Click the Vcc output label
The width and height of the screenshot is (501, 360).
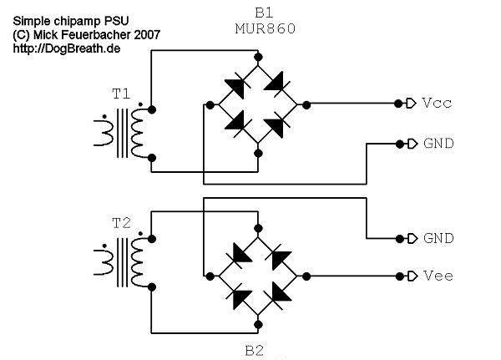437,103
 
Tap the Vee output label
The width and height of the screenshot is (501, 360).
438,276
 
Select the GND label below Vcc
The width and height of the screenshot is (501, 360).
438,143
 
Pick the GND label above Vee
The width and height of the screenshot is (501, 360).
438,238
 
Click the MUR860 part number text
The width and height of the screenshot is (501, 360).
266,28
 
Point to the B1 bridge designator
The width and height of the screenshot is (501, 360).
264,13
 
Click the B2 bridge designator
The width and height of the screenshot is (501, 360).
255,351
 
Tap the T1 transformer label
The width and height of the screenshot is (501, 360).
121,94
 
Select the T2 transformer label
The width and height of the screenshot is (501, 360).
121,223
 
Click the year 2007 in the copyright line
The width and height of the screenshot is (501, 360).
147,35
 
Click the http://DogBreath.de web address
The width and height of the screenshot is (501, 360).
67,48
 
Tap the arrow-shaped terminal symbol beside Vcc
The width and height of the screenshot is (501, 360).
411,104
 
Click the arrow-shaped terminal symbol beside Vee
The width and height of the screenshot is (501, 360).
412,276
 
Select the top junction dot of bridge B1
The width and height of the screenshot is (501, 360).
258,58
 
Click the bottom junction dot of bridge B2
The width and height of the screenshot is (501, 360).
258,325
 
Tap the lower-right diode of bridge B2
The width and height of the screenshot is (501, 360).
279,296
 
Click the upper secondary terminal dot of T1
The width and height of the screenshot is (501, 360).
152,109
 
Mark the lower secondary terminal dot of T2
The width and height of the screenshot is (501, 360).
152,287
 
